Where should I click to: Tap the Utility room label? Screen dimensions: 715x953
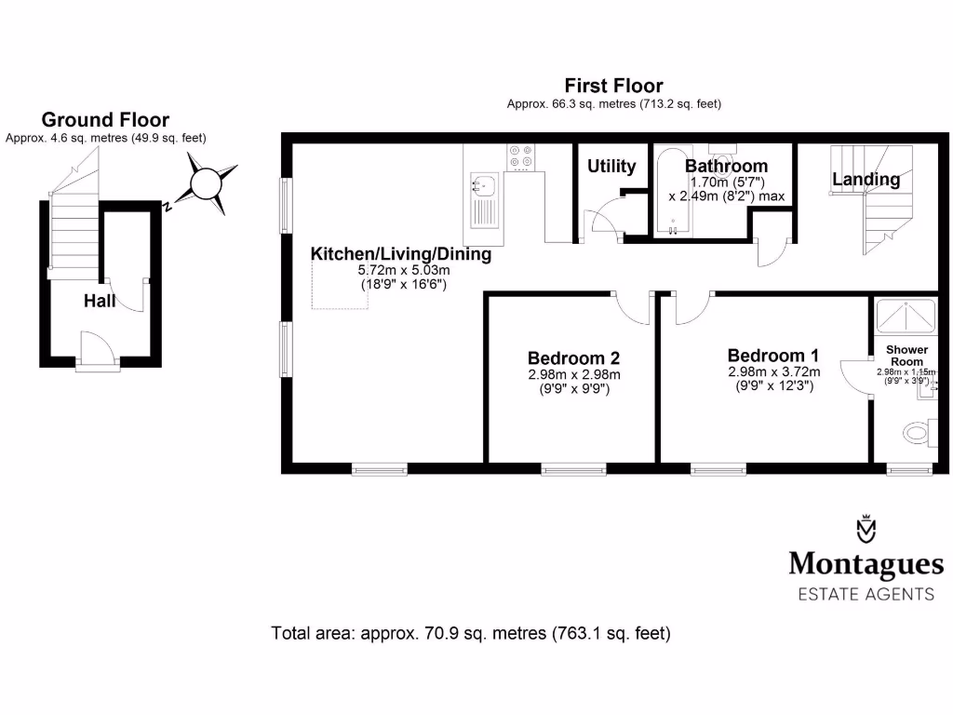[x=611, y=167]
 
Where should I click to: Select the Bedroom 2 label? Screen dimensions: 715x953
[x=573, y=357]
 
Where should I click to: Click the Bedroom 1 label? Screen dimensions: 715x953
[x=772, y=356]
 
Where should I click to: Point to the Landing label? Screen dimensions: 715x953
[x=866, y=180]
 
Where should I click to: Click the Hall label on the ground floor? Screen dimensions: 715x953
[x=100, y=301]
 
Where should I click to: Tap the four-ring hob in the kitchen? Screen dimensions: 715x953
[x=520, y=157]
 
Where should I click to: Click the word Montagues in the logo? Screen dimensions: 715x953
[x=866, y=564]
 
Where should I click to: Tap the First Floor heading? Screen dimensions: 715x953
[x=613, y=87]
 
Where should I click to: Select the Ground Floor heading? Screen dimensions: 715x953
[x=105, y=120]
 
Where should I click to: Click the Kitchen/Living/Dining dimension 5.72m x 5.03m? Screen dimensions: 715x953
[x=403, y=271]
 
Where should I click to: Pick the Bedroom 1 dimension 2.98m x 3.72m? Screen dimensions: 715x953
[x=773, y=371]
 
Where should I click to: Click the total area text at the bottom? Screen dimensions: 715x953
[x=470, y=634]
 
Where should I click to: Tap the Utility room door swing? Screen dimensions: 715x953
[x=597, y=219]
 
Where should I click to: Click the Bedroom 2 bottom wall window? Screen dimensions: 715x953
[x=573, y=468]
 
